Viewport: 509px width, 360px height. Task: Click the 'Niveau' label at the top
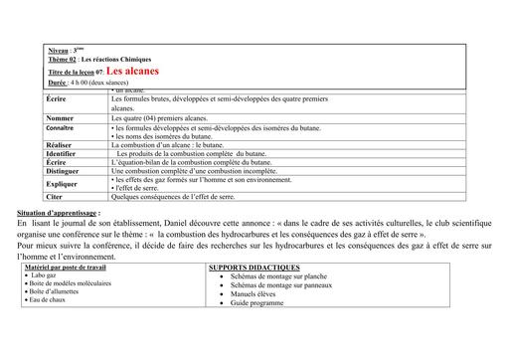pos(59,49)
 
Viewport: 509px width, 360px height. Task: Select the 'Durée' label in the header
pos(58,83)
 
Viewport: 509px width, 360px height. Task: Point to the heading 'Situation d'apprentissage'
pos(59,213)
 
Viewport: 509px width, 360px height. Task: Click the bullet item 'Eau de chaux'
pos(51,299)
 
